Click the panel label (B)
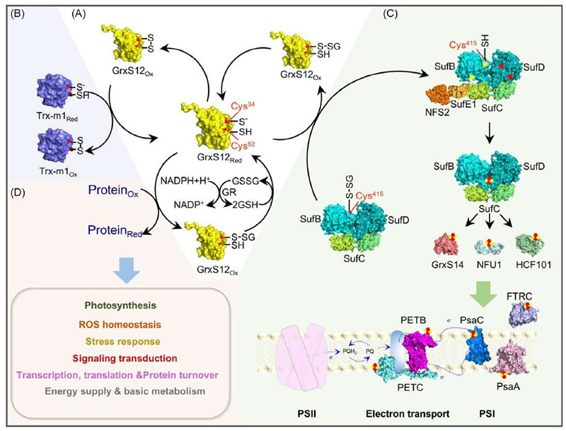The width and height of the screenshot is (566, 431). pos(15,12)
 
